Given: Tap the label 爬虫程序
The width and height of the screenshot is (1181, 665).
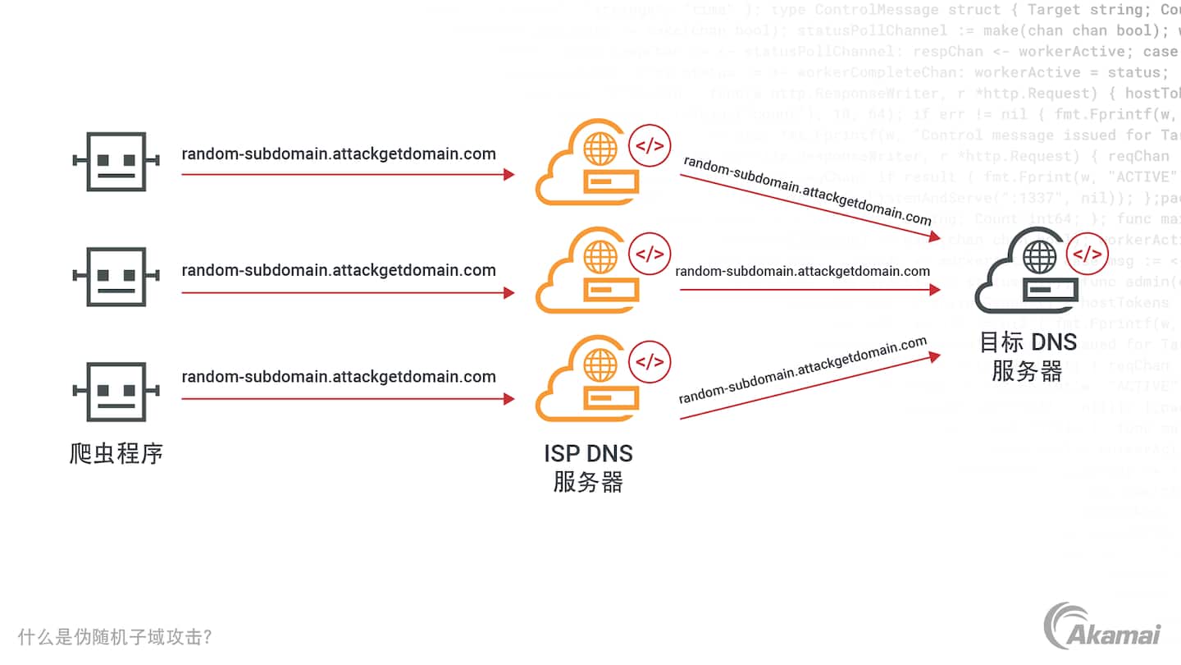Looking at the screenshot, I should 116,453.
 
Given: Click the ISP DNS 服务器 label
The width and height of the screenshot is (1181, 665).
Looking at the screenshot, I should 588,467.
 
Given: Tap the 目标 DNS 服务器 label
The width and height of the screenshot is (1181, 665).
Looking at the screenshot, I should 1028,356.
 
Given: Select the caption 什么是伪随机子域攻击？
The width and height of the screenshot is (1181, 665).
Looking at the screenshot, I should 115,637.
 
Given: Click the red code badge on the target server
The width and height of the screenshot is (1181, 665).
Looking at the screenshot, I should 1088,255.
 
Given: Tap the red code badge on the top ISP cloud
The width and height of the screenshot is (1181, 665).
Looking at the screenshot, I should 650,146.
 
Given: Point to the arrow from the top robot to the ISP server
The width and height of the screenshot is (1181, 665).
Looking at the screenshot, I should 348,174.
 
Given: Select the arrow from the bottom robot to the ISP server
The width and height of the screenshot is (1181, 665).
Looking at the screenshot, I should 348,399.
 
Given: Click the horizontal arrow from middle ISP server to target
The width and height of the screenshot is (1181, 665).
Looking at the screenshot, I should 808,290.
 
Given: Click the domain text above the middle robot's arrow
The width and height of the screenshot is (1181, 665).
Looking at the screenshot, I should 339,270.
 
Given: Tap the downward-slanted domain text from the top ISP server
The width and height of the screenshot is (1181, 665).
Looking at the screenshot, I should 808,190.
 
